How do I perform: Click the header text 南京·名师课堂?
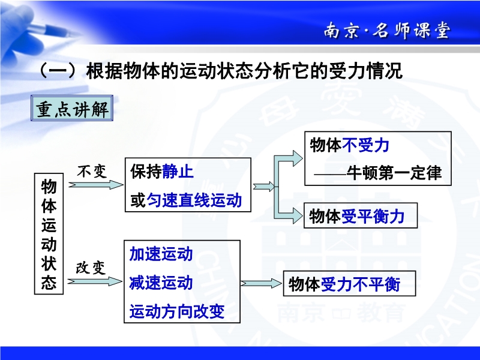[x=387, y=31]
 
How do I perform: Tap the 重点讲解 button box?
[x=72, y=108]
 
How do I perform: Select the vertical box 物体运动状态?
[x=49, y=234]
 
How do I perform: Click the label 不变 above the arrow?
[x=92, y=171]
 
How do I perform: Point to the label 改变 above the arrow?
[x=91, y=268]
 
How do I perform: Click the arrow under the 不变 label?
[x=96, y=185]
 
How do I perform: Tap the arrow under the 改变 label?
[x=95, y=281]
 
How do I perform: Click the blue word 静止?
[x=178, y=171]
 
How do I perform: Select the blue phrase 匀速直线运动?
[x=194, y=200]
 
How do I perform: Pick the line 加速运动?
[x=161, y=254]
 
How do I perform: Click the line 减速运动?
[x=161, y=283]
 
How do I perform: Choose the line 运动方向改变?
[x=177, y=311]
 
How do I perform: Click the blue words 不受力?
[x=365, y=145]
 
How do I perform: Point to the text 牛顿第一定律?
[x=394, y=173]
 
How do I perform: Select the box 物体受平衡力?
[x=361, y=215]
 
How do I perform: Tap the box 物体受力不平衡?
[x=349, y=283]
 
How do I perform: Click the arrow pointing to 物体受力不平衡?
[x=261, y=283]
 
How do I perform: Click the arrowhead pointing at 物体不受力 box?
[x=298, y=158]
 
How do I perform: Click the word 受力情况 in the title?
[x=365, y=71]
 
